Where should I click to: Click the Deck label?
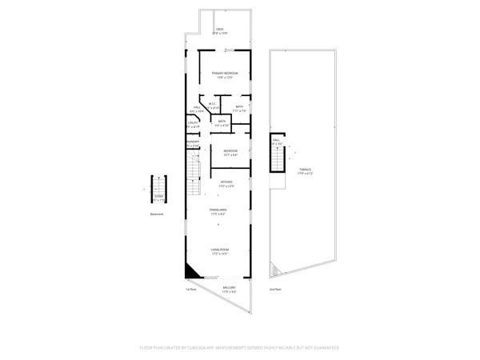click(219, 30)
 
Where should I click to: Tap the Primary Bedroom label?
click(226, 74)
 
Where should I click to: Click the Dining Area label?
click(226, 212)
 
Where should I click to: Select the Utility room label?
click(192, 124)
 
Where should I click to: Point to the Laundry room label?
click(192, 144)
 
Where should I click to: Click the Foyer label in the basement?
click(159, 194)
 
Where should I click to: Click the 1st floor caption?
click(191, 289)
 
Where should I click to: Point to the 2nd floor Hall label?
click(276, 142)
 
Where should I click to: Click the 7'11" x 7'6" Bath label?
click(239, 108)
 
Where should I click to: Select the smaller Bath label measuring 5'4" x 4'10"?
click(222, 123)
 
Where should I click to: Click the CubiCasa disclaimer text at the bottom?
click(240, 348)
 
